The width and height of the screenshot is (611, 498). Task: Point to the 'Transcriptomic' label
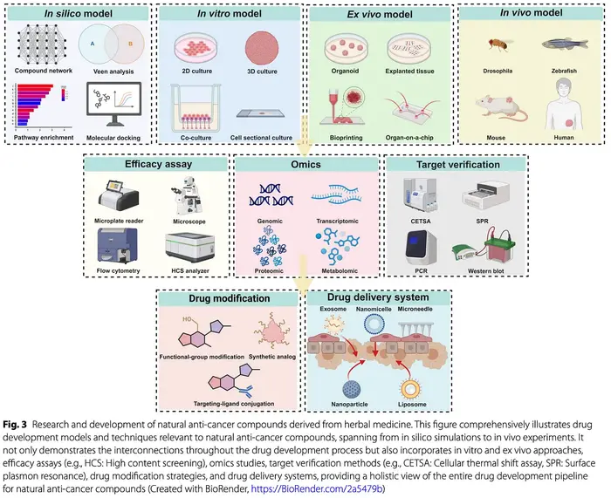342,223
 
